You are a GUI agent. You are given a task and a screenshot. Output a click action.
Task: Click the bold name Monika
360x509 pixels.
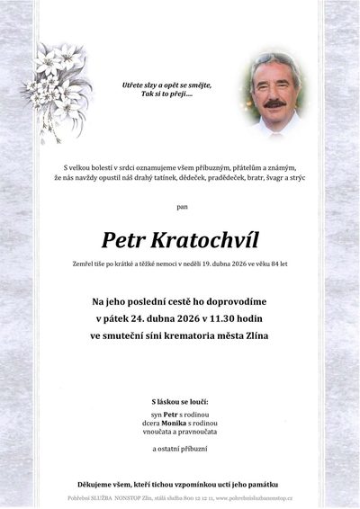pos(174,422)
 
